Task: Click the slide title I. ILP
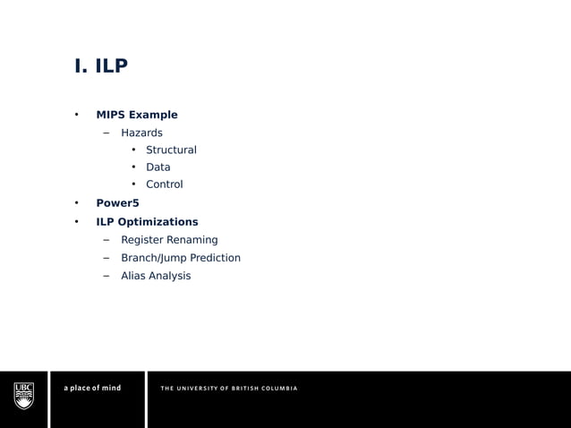101,67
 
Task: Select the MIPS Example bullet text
137,115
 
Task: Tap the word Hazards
141,133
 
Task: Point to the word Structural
171,150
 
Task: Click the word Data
158,167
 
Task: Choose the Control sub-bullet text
165,184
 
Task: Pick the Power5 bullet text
117,203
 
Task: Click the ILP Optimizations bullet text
147,222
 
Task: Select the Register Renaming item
169,240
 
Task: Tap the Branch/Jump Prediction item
181,258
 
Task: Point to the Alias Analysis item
156,276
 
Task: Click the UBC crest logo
24,395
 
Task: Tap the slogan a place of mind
92,388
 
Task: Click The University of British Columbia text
229,388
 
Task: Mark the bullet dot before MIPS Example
77,115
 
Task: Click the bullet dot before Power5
77,203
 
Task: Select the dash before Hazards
106,133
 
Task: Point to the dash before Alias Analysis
106,276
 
